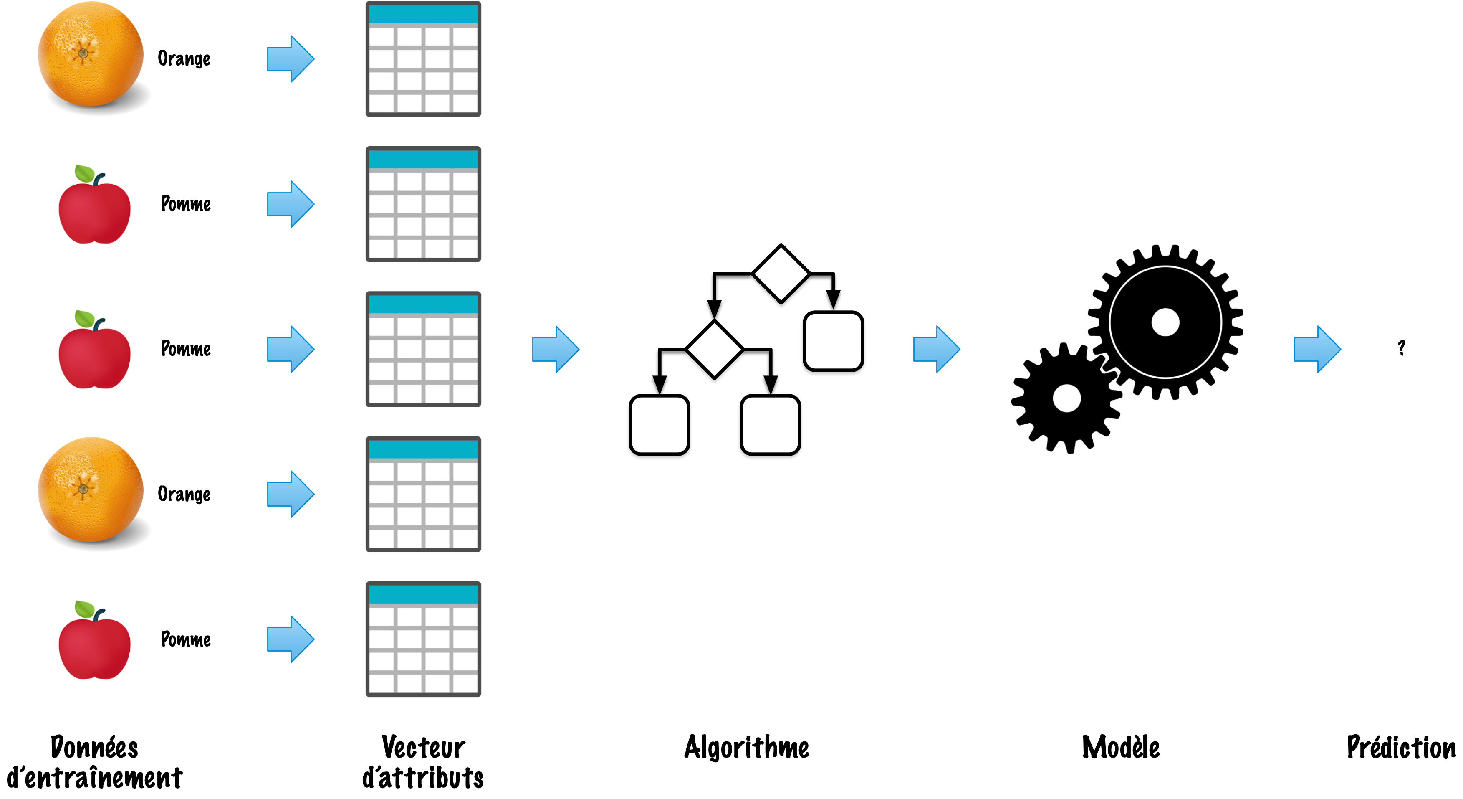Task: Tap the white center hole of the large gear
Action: tap(1165, 322)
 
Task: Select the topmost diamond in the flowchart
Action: tap(781, 274)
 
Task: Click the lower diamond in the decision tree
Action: tap(715, 349)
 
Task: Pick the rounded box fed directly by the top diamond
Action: tap(833, 341)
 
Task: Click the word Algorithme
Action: tap(746, 747)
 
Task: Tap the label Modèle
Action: tap(1121, 747)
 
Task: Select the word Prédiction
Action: tap(1401, 747)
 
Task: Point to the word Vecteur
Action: tap(423, 747)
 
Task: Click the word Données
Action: tap(94, 747)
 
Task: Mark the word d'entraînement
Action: tap(94, 777)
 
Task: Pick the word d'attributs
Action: tap(423, 777)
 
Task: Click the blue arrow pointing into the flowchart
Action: tap(556, 349)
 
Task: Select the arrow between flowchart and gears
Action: tap(937, 349)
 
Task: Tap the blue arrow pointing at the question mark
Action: tap(1318, 349)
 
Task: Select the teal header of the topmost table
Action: tap(423, 14)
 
